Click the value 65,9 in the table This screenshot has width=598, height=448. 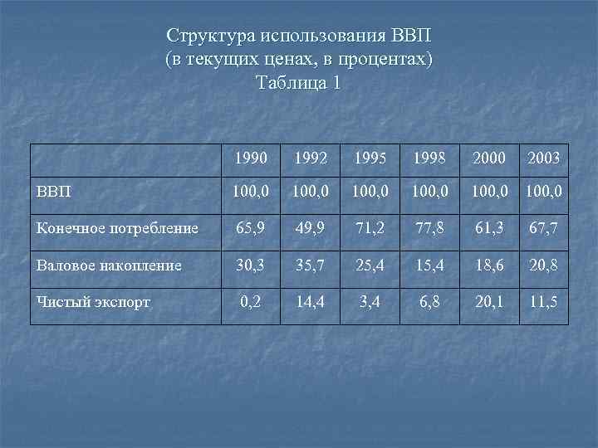[250, 227]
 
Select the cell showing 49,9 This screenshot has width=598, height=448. [310, 227]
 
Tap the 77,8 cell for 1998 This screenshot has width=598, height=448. [429, 227]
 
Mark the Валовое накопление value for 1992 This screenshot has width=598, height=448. [310, 264]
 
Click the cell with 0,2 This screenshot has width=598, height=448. [250, 300]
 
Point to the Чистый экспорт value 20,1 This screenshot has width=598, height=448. [488, 300]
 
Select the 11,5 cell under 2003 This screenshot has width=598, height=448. [542, 300]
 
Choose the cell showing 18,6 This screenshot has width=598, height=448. [488, 264]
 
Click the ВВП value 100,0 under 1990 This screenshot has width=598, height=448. [250, 192]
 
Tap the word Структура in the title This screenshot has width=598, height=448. [210, 37]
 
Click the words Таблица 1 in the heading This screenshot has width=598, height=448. [299, 84]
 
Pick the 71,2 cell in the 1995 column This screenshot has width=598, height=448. [370, 227]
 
